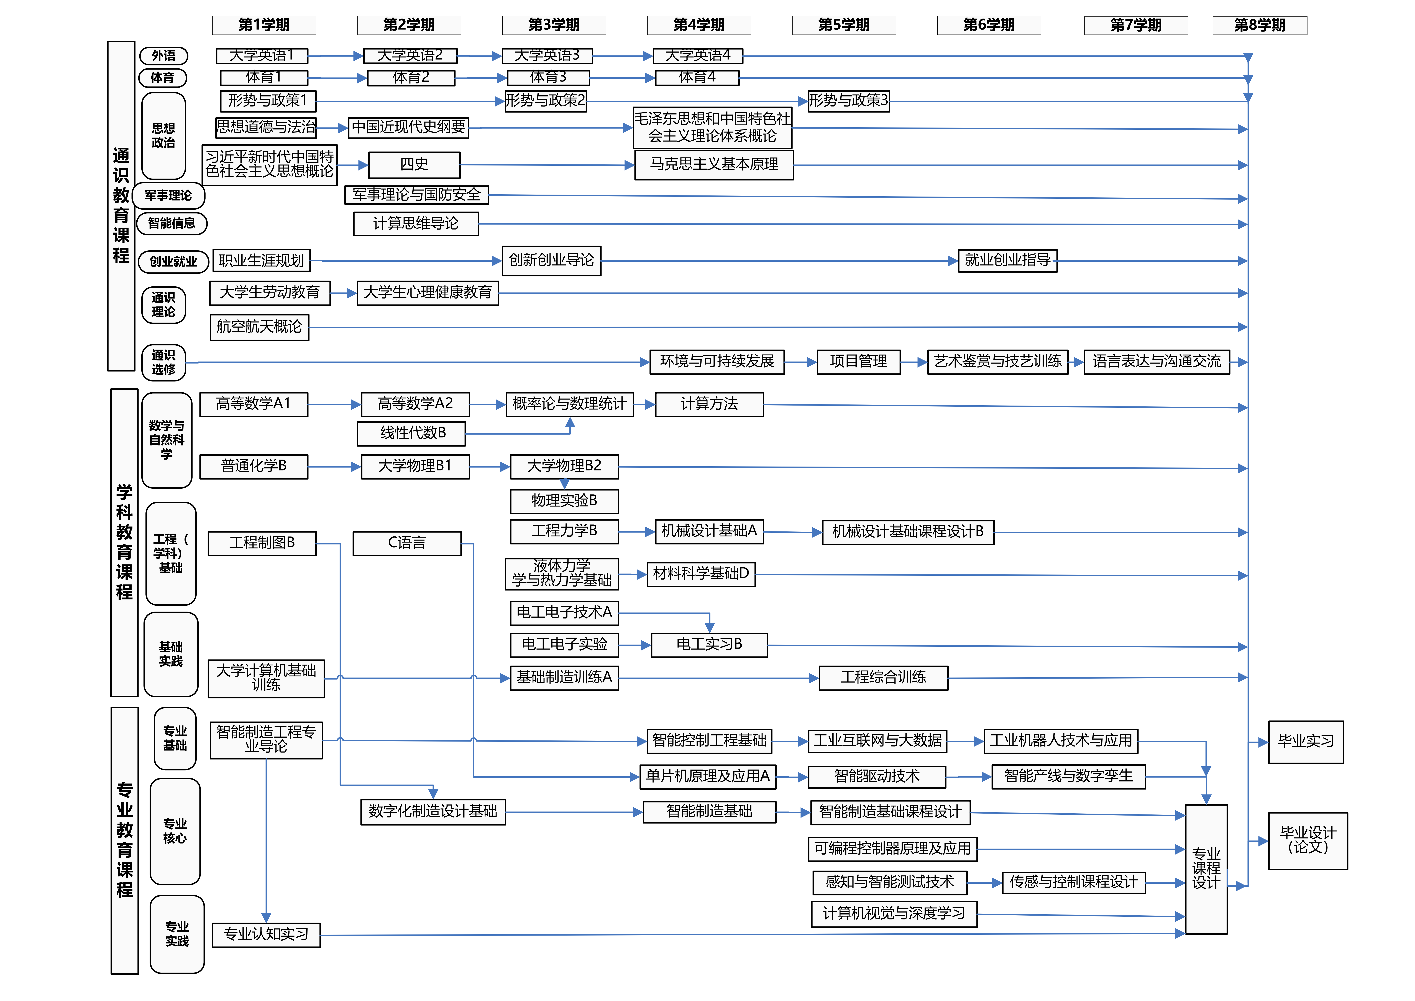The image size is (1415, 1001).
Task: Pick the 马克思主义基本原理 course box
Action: click(x=714, y=165)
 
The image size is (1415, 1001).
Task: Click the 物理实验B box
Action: click(x=564, y=500)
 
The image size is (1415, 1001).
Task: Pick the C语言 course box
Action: click(x=407, y=543)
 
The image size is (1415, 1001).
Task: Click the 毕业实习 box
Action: click(x=1305, y=742)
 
